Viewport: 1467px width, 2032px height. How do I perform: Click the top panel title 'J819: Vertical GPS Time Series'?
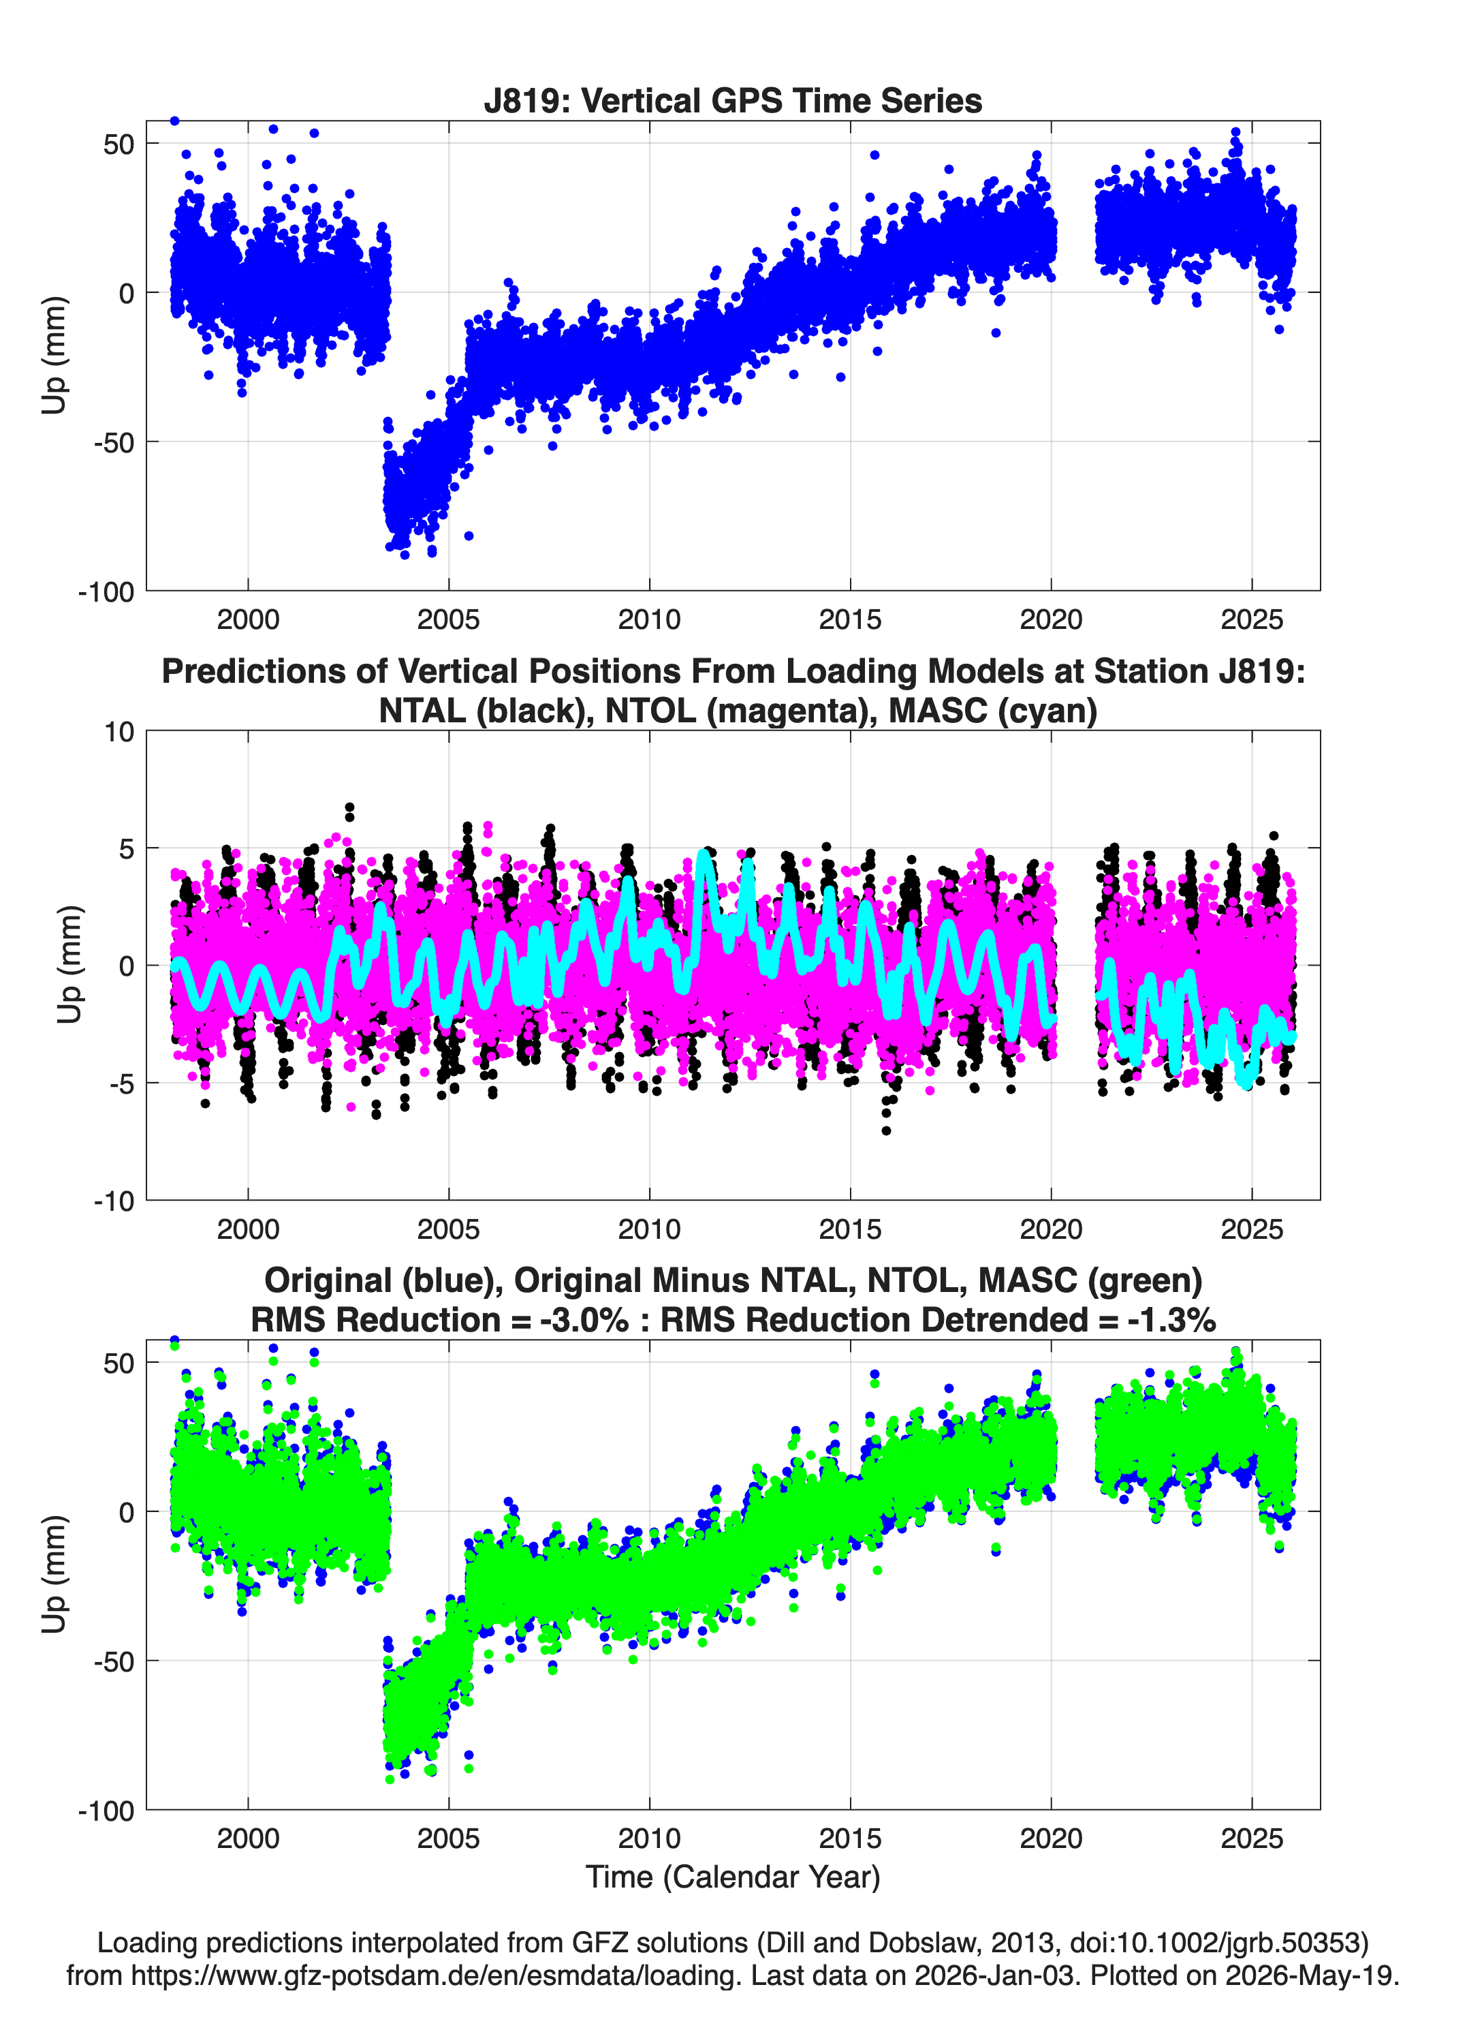733,100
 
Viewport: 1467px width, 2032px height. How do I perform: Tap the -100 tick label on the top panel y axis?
106,592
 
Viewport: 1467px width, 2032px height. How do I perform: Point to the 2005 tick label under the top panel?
449,619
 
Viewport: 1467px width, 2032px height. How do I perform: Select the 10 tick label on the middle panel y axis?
119,732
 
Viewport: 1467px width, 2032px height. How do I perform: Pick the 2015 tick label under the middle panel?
850,1229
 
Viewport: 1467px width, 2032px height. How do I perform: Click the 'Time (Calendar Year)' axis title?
733,1877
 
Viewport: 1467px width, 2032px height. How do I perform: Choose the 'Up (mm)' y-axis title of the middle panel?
69,965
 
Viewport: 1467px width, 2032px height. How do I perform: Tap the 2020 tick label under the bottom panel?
1051,1838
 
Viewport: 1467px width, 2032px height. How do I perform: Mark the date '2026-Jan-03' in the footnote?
995,1975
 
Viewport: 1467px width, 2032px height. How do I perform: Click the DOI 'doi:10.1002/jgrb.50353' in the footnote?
1199,1943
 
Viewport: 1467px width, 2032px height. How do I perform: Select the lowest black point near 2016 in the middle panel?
887,1130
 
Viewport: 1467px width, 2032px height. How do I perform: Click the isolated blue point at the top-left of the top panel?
174,121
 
